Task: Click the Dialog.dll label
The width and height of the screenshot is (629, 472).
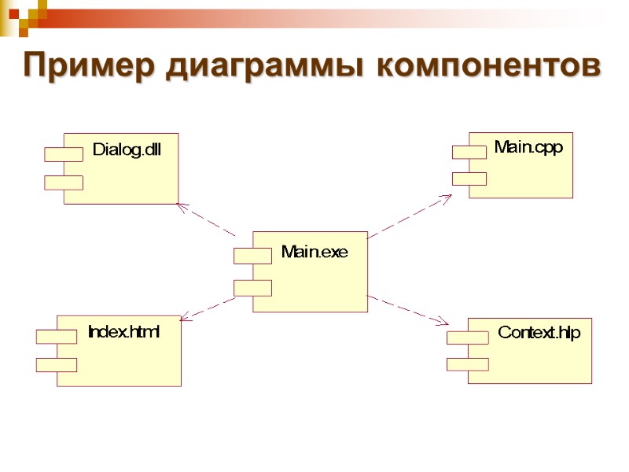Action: point(127,149)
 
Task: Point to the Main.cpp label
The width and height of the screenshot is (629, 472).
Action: point(528,146)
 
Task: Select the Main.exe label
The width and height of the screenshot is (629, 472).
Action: point(314,253)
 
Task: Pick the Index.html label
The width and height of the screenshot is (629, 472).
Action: point(123,332)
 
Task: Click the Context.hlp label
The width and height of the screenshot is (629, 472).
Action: point(539,333)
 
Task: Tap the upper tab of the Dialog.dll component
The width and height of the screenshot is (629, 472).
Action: point(64,154)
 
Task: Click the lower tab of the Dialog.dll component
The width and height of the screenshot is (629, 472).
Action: point(64,183)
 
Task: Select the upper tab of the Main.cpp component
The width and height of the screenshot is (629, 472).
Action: point(469,152)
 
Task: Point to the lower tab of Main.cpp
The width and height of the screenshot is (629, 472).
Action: point(469,179)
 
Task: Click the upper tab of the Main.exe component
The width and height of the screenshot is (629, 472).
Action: point(252,256)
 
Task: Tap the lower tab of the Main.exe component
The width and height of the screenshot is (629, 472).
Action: point(252,288)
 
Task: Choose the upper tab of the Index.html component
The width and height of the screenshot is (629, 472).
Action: point(57,337)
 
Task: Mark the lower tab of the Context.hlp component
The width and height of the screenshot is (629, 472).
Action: point(468,363)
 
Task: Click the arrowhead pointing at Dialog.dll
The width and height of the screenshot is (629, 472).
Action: point(181,206)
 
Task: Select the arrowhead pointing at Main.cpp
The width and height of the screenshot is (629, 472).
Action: point(446,197)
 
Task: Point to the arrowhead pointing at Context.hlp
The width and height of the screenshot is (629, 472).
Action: point(443,322)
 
